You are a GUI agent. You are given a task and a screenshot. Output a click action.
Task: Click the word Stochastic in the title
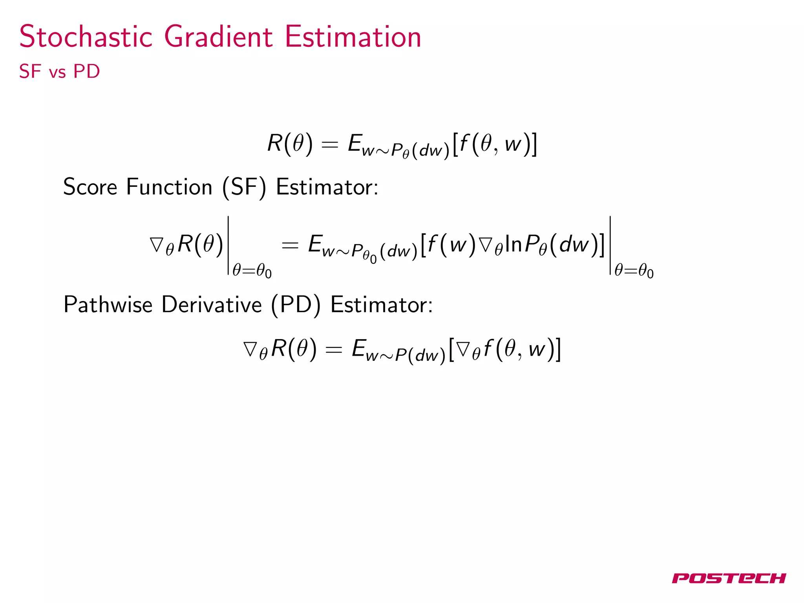click(86, 37)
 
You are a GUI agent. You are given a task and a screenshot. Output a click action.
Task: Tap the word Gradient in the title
click(218, 37)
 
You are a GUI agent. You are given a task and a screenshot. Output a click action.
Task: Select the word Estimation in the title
click(353, 37)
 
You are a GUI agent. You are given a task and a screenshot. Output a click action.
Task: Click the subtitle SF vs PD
click(59, 71)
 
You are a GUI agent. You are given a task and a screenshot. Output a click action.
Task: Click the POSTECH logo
click(729, 578)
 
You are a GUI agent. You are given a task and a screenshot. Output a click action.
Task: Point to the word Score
click(90, 187)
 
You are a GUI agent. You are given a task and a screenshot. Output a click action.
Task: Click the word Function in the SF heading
click(169, 187)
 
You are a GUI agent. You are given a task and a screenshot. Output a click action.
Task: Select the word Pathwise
click(108, 305)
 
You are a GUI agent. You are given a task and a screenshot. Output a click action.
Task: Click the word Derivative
click(211, 305)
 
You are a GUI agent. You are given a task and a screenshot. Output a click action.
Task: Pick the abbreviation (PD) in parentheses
click(296, 305)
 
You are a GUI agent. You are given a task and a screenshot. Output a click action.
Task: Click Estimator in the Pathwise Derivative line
click(381, 305)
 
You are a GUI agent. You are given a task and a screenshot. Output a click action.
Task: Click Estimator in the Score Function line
click(327, 187)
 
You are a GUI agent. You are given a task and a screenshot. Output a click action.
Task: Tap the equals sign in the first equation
click(329, 144)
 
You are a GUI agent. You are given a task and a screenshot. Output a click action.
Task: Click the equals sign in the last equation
click(334, 349)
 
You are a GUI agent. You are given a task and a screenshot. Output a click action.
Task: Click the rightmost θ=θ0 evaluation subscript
click(634, 271)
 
